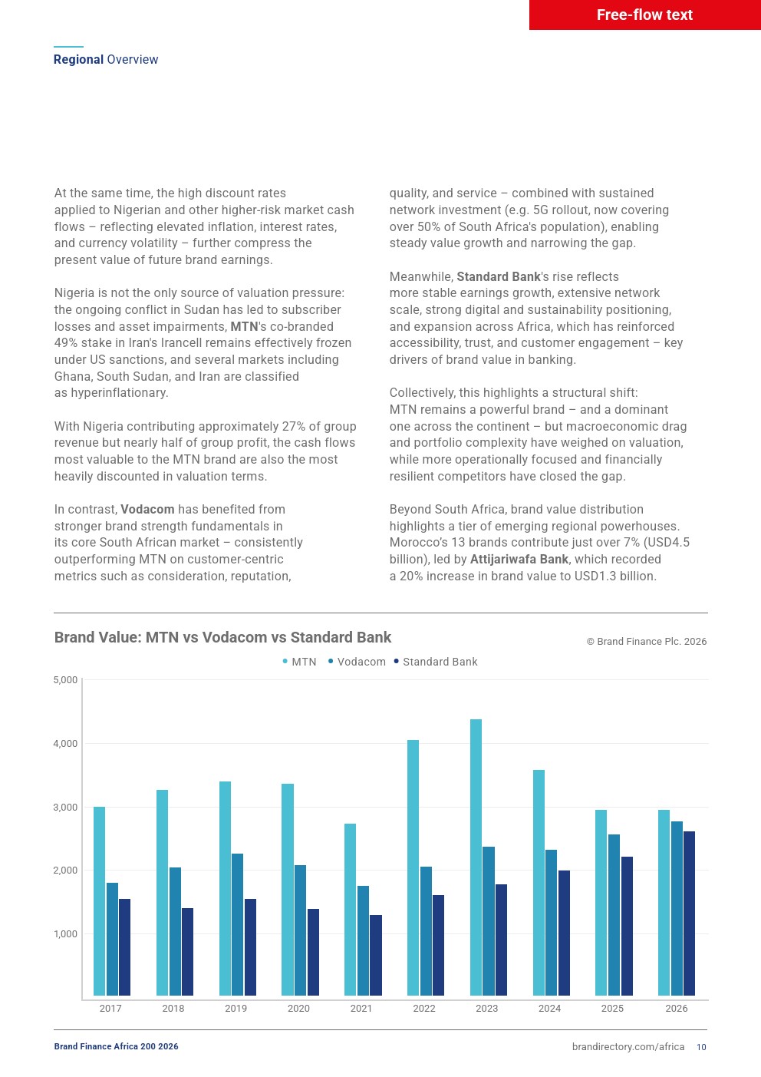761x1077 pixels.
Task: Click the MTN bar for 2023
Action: click(476, 857)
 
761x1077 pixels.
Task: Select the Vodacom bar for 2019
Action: click(237, 924)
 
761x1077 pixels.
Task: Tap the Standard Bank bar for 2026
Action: click(689, 913)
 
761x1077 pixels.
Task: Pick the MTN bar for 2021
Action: click(351, 910)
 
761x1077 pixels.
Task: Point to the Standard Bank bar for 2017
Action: click(124, 947)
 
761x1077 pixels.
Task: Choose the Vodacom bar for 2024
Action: click(551, 923)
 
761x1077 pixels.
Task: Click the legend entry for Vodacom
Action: click(357, 662)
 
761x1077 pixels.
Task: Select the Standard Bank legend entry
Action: click(436, 662)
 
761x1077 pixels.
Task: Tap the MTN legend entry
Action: click(299, 662)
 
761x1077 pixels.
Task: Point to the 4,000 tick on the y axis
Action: click(65, 743)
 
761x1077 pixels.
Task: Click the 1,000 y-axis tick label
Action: click(65, 933)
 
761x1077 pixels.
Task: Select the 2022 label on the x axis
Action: click(424, 1008)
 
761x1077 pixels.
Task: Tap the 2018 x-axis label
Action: click(173, 1008)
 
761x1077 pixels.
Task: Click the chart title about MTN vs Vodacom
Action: click(223, 637)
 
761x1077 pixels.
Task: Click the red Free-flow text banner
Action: click(644, 15)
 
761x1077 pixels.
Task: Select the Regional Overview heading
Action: click(106, 59)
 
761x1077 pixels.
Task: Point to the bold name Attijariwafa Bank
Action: click(519, 559)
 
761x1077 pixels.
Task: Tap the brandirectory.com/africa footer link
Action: click(628, 1047)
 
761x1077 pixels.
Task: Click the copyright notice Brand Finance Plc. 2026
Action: click(647, 642)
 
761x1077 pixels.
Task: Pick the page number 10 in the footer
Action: click(701, 1047)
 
